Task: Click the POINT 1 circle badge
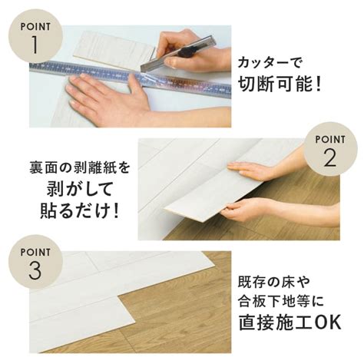pos(35,35)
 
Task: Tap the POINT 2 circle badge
pos(330,149)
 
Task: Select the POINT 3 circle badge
pos(35,262)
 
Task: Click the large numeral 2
pos(330,157)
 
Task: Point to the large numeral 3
pos(35,270)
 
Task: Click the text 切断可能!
pos(280,84)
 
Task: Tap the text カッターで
pos(269,62)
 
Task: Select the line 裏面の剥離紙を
pos(79,168)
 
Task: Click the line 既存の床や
pos(274,282)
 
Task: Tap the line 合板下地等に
pos(281,301)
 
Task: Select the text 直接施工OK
pos(290,322)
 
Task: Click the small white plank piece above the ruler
pos(114,49)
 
